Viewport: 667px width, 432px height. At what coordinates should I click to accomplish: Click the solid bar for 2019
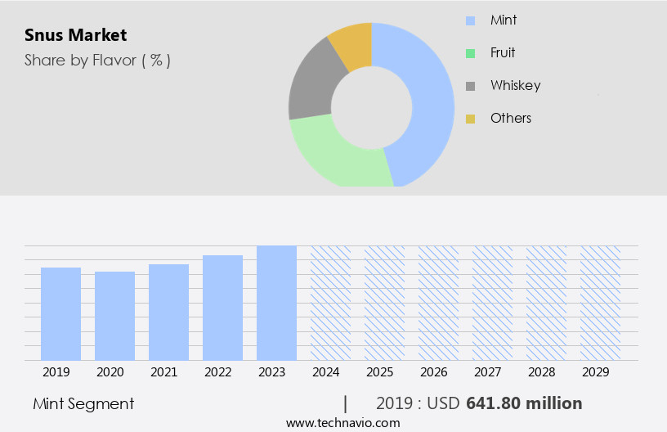60,313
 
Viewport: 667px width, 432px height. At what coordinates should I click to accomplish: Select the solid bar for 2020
114,316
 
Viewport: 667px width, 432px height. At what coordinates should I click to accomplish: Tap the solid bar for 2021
168,312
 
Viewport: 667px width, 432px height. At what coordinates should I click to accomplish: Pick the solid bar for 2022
222,308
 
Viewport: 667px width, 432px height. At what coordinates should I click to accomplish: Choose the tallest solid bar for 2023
276,303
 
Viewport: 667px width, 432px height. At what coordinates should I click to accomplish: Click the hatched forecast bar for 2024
330,303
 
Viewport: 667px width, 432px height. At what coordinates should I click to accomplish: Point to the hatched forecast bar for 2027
492,303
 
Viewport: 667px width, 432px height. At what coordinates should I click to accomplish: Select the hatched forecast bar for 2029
600,303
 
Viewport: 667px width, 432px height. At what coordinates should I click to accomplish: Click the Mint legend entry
504,20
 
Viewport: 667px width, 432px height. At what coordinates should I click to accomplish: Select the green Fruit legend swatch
470,53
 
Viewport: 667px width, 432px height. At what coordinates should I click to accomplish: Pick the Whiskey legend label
515,85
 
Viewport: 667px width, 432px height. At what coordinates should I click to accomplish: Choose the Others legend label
511,118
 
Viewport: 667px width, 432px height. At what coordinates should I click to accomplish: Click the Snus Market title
76,35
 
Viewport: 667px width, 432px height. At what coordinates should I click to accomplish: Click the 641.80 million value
524,403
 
